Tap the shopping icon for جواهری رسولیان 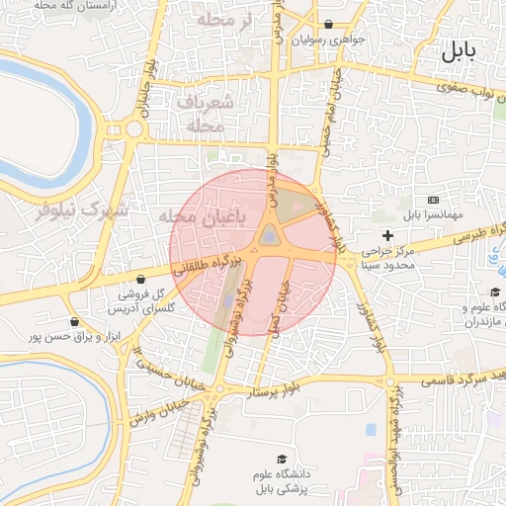pos(328,25)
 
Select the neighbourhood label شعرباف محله pos(207,114)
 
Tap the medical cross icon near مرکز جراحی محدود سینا pos(387,235)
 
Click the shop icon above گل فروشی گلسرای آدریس pos(141,280)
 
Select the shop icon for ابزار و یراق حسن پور pos(74,321)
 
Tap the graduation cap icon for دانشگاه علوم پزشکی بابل pos(283,460)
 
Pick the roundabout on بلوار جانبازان pos(132,128)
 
